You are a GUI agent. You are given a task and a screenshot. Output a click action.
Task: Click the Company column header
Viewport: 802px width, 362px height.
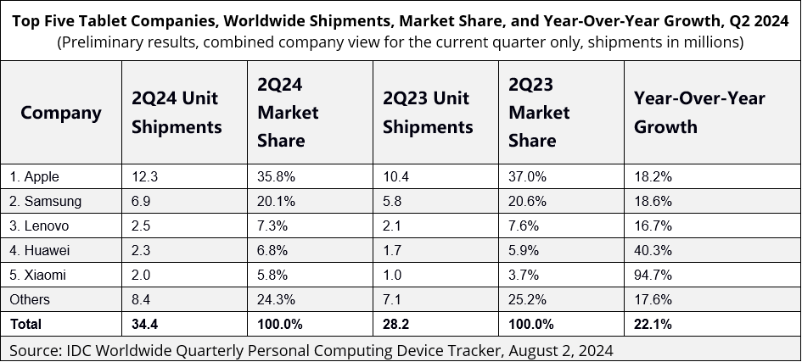(60, 113)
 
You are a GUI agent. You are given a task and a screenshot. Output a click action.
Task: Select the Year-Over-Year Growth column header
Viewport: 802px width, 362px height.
(699, 113)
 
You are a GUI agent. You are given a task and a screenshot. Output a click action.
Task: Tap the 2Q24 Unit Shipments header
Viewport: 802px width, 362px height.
(177, 113)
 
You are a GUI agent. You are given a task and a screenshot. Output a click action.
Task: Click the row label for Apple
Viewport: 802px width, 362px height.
(35, 177)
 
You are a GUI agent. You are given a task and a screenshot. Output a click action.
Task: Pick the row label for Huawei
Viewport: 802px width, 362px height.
(39, 250)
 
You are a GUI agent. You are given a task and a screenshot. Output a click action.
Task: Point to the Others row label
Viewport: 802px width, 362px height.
(30, 299)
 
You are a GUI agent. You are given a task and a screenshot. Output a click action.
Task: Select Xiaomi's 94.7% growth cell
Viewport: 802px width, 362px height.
(653, 275)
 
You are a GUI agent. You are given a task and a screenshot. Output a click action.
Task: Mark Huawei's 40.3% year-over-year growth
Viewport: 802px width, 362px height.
(653, 250)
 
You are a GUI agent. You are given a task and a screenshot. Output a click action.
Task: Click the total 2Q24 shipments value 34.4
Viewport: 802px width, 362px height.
(144, 324)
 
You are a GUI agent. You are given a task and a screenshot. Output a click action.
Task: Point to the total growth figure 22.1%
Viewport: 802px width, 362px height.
(653, 324)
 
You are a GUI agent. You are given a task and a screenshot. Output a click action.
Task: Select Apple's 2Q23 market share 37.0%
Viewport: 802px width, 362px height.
(528, 177)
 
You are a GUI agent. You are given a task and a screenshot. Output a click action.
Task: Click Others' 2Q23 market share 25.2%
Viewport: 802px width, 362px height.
(528, 299)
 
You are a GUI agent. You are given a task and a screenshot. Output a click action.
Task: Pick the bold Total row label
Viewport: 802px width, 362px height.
(25, 324)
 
